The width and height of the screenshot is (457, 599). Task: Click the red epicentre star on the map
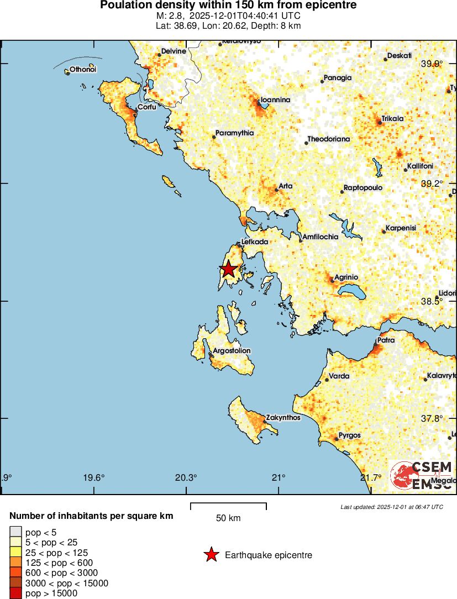(228, 269)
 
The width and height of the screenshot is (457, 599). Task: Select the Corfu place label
(146, 107)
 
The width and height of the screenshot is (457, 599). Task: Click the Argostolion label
(232, 351)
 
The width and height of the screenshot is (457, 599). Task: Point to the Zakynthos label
(283, 418)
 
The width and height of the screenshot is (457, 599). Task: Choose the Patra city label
(386, 340)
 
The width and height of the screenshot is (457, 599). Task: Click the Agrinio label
(346, 277)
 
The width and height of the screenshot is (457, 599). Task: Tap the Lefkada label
(255, 242)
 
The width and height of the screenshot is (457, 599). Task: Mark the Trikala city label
(392, 118)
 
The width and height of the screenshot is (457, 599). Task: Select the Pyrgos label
(349, 435)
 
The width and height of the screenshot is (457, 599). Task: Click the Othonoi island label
(83, 69)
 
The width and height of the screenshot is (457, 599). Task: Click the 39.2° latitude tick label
(432, 183)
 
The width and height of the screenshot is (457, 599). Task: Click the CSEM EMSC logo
(423, 475)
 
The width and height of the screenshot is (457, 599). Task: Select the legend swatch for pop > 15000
(15, 593)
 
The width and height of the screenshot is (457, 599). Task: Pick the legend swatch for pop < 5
(15, 533)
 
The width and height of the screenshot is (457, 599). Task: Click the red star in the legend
(211, 555)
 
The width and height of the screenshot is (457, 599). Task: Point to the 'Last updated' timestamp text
(392, 507)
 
